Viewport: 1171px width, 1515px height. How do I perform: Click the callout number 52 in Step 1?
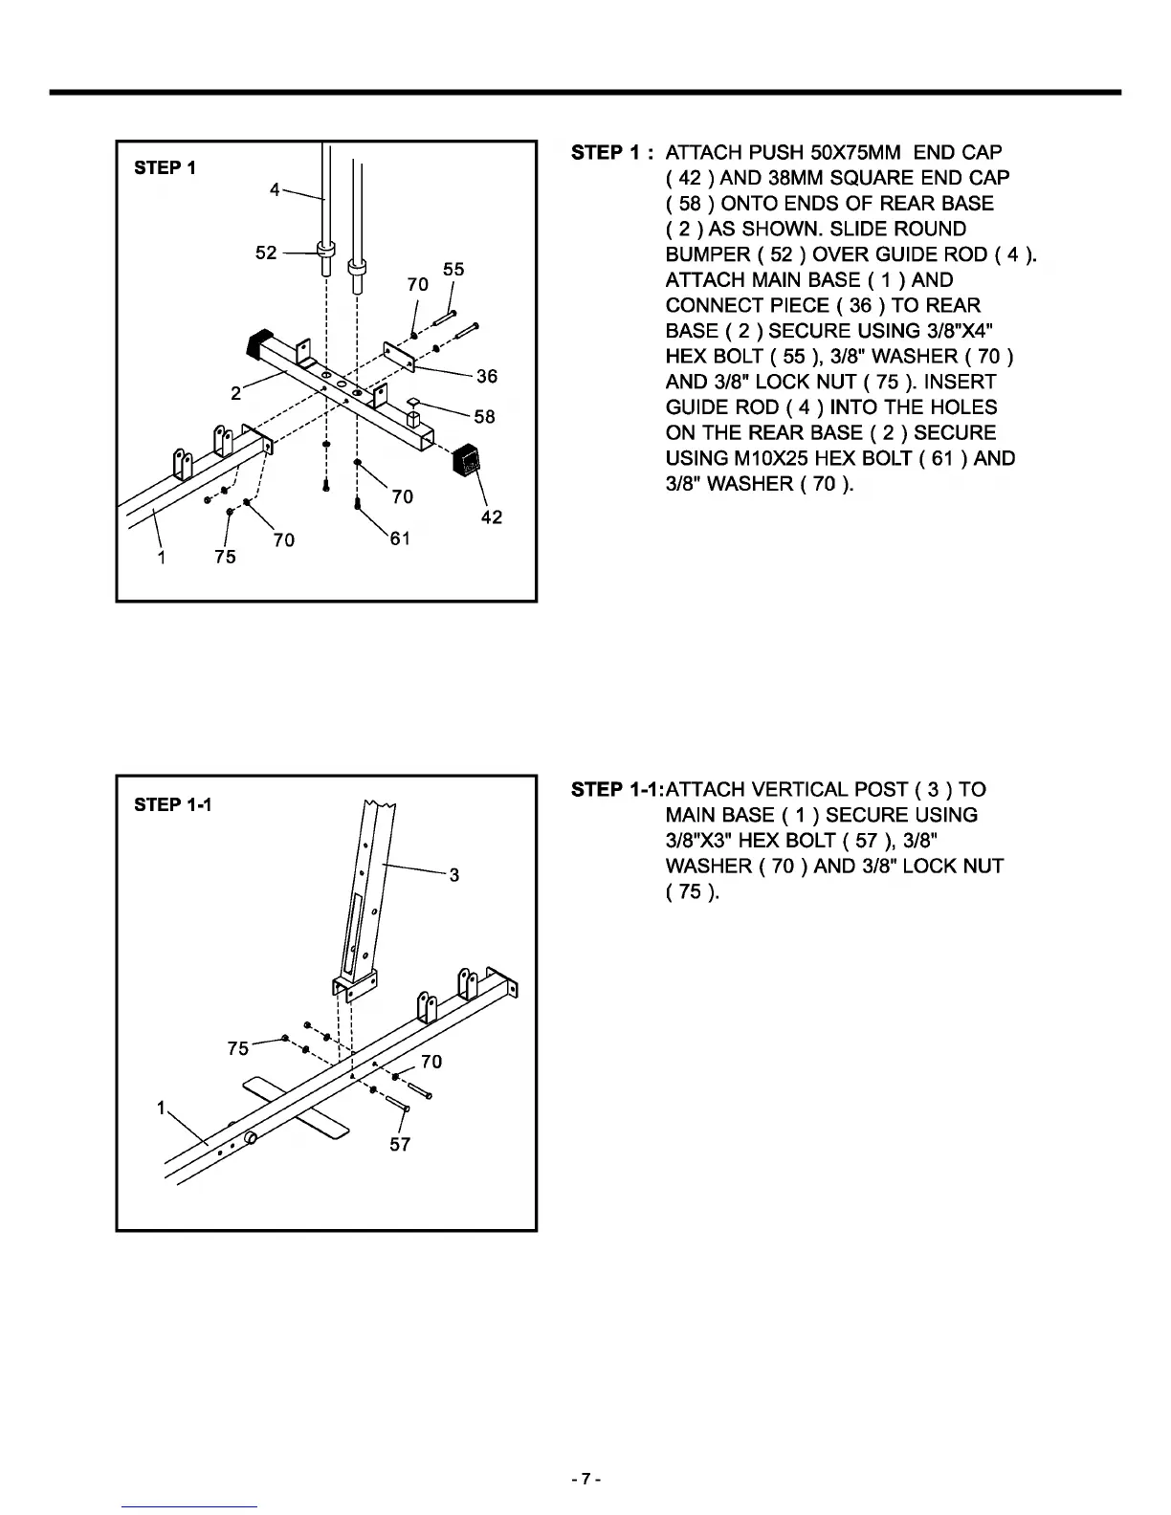tap(266, 252)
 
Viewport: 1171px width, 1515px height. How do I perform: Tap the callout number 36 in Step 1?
tap(487, 377)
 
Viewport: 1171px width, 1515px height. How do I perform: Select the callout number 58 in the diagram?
tap(485, 416)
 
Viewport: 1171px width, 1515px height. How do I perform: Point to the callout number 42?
tap(492, 517)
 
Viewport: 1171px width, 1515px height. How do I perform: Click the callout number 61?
tap(400, 538)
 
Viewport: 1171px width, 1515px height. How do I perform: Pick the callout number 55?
tap(453, 270)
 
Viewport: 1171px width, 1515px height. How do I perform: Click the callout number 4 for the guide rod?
tap(276, 189)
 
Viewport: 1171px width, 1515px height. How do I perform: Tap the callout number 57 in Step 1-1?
tap(400, 1144)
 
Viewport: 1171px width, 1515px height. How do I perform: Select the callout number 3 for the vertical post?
tap(454, 874)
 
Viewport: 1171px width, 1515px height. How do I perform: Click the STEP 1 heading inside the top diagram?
tap(165, 168)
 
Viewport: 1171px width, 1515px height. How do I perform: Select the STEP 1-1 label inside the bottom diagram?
tap(173, 804)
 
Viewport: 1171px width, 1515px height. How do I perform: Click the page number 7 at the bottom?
tap(585, 1481)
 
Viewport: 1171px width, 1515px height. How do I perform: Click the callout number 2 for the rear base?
tap(235, 392)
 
